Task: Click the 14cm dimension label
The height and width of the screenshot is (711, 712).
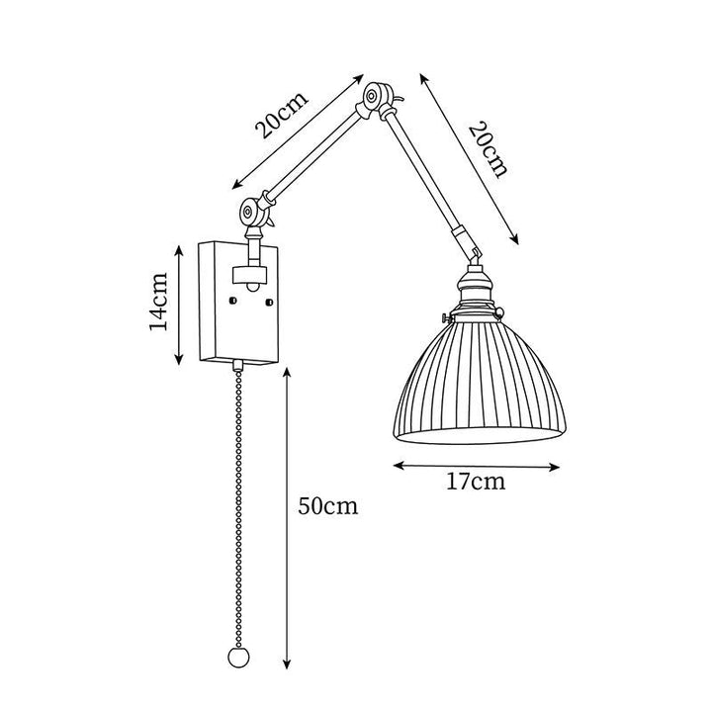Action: pos(159,301)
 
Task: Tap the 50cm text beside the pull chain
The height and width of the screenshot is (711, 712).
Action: pos(328,505)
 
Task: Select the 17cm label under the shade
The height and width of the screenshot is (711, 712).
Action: pos(476,482)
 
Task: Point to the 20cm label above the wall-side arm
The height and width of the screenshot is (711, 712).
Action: pos(282,116)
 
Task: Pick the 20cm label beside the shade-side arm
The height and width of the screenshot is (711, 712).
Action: pos(489,149)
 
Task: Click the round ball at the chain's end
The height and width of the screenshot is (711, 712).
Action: pos(238,657)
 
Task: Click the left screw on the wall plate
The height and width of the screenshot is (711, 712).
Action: pos(233,300)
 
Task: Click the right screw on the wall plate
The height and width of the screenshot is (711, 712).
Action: pos(269,301)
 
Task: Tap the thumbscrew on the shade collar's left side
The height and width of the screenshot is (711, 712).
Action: pos(448,316)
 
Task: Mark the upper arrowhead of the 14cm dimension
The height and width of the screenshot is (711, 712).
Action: pos(179,250)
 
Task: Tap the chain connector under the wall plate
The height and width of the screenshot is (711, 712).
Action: pos(237,365)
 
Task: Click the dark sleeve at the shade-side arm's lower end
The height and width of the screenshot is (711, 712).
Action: pos(460,238)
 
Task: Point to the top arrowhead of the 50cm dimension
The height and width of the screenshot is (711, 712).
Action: pos(287,373)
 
